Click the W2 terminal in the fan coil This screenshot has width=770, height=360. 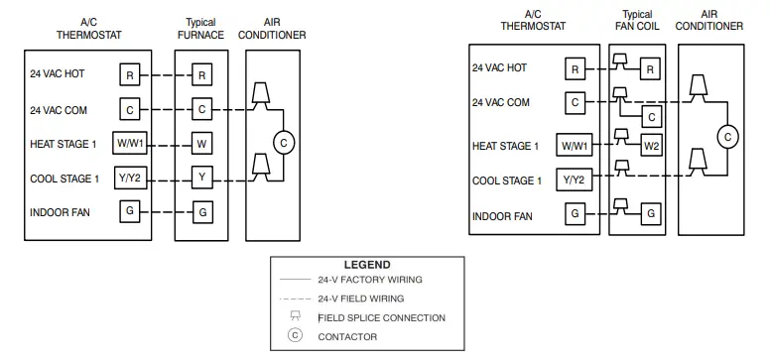click(651, 146)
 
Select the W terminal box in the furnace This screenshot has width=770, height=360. click(201, 144)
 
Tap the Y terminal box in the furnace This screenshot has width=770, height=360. click(201, 178)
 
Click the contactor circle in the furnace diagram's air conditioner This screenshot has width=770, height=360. click(283, 144)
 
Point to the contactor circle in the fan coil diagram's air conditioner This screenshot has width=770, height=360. click(728, 136)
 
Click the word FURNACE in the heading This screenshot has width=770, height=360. click(201, 35)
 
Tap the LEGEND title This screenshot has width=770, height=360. click(366, 265)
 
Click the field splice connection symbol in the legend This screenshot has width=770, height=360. click(295, 316)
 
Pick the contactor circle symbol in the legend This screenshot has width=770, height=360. click(295, 336)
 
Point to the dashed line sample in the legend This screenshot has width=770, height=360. click(295, 298)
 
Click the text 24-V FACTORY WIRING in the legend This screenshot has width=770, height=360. click(361, 281)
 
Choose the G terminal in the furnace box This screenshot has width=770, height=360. click(201, 211)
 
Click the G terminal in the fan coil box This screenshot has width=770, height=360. click(651, 213)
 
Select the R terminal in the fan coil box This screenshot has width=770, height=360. click(651, 68)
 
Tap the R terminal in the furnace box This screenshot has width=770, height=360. click(201, 74)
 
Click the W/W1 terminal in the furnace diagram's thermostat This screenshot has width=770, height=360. click(130, 144)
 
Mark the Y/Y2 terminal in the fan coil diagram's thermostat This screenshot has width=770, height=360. click(575, 180)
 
